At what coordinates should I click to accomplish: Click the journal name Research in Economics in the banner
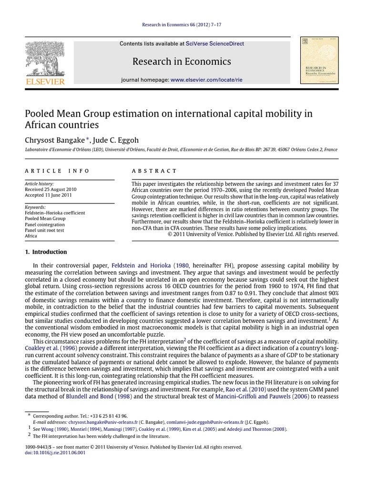[x=182, y=62]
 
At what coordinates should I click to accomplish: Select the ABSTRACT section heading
[x=154, y=171]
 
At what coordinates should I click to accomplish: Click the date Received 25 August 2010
[x=51, y=190]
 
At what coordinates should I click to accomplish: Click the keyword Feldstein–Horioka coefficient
[x=55, y=213]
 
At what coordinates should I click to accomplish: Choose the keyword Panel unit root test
[x=44, y=230]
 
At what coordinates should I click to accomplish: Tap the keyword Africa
[x=31, y=236]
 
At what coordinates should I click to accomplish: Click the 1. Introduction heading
[x=46, y=252]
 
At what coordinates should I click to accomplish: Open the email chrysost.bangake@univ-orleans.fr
[x=103, y=422]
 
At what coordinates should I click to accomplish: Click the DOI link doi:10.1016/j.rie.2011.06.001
[x=55, y=453]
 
